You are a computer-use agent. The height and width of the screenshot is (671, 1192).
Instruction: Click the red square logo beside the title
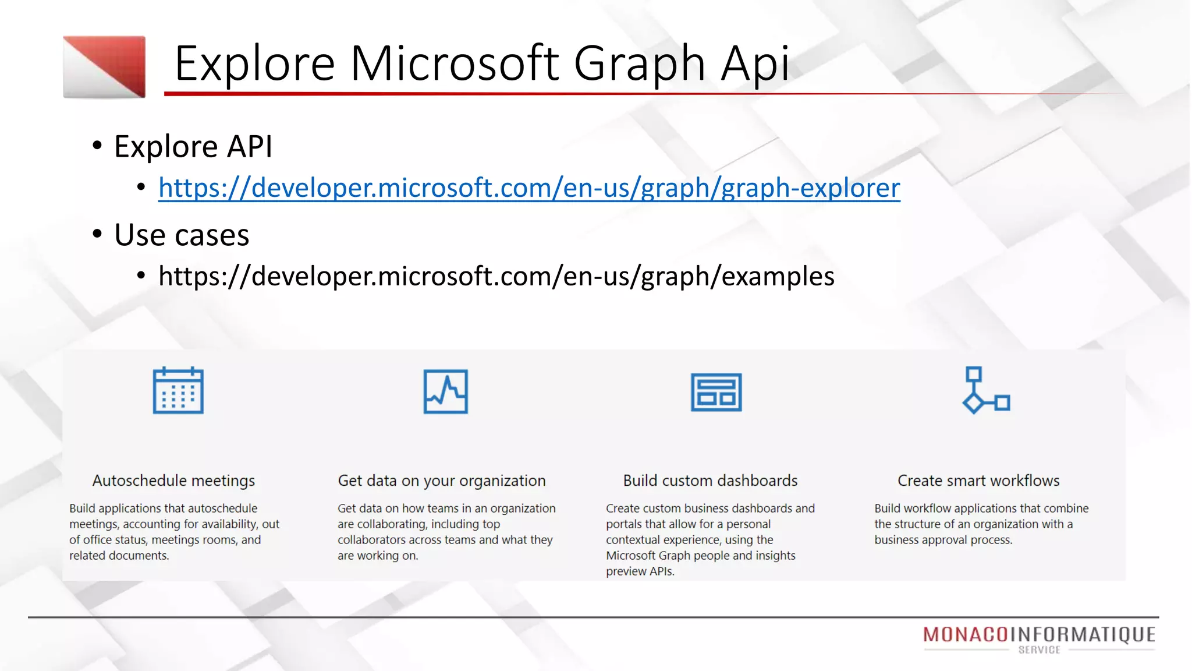(104, 66)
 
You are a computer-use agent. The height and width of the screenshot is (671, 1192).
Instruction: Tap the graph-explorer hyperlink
(529, 188)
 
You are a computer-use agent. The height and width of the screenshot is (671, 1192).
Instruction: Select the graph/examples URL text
(496, 276)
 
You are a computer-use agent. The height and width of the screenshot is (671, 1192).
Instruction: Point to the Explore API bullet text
(193, 146)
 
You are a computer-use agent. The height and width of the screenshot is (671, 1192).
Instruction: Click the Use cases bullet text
(182, 235)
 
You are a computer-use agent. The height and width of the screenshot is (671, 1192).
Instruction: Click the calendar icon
(178, 390)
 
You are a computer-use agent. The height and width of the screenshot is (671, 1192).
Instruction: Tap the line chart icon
(445, 391)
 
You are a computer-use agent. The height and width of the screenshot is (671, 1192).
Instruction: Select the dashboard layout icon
(716, 392)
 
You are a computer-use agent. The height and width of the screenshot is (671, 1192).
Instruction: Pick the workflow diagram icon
(986, 390)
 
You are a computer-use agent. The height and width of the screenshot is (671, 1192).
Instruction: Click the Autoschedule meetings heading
(173, 481)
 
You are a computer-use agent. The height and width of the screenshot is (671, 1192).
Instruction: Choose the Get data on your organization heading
(442, 481)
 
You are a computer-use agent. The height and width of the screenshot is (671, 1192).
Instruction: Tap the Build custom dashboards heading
(710, 481)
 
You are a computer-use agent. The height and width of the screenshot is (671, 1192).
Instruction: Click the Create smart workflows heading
(978, 481)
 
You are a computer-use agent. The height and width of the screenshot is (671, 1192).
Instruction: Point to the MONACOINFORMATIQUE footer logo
(1039, 634)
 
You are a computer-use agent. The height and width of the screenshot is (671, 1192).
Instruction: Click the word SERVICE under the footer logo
(1039, 650)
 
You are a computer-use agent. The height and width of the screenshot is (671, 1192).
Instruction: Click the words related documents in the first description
(119, 556)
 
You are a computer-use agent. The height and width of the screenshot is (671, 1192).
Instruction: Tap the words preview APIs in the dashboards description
(640, 571)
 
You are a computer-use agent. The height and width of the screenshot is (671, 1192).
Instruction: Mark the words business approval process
(943, 540)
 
